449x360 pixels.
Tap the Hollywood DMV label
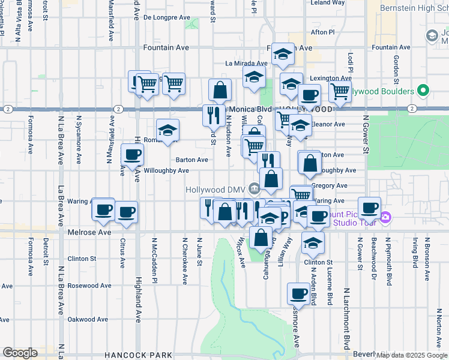coord(215,189)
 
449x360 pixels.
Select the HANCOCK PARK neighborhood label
coord(138,355)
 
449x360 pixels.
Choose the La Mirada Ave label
coord(246,63)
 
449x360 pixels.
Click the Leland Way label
coord(328,3)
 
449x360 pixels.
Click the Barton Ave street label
coord(192,160)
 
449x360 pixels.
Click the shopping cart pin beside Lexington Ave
coord(339,92)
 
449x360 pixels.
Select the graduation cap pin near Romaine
coord(168,130)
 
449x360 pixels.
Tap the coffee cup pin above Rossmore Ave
coord(298,293)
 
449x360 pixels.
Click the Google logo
coord(20,353)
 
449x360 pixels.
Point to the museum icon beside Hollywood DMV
coord(255,189)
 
